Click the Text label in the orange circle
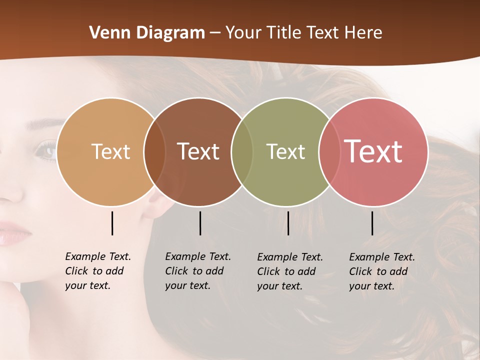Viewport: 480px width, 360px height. tap(110, 151)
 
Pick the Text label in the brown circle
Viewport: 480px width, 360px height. tap(198, 151)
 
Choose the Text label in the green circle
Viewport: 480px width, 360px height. tap(285, 151)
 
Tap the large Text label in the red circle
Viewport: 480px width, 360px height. tap(373, 151)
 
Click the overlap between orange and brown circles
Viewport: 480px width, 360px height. tap(154, 152)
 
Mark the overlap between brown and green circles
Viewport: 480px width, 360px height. tap(242, 152)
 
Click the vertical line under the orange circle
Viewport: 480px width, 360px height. tap(112, 223)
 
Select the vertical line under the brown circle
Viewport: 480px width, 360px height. tap(200, 223)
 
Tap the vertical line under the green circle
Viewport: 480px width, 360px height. tap(288, 223)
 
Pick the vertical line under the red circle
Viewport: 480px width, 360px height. tap(372, 223)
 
